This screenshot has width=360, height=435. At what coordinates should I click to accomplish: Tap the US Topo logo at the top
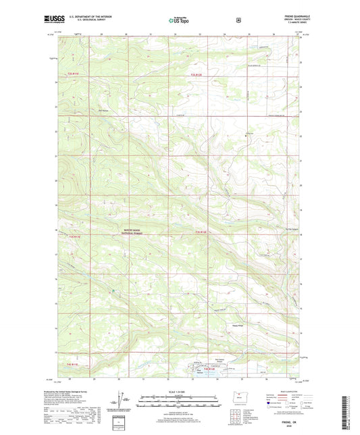(179, 21)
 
